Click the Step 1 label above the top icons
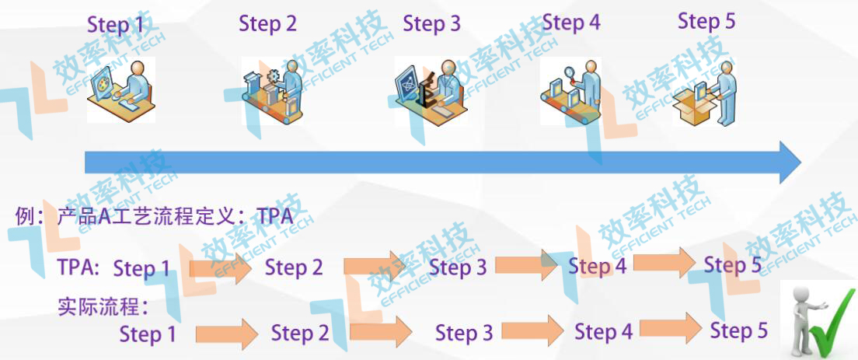[x=116, y=25]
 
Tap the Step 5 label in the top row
[x=706, y=21]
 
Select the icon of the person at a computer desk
[x=120, y=89]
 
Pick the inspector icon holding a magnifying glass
[x=571, y=89]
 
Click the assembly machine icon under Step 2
[x=272, y=89]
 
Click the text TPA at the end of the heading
[x=275, y=216]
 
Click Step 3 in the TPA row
[x=458, y=267]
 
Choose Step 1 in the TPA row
[x=141, y=269]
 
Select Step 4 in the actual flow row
[x=603, y=332]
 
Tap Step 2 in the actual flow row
[x=300, y=334]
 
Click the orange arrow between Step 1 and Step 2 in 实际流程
[x=226, y=334]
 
